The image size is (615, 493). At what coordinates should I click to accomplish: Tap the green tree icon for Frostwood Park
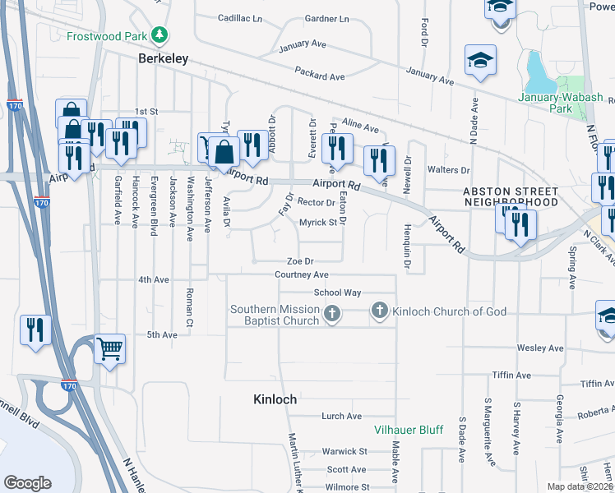pos(158,36)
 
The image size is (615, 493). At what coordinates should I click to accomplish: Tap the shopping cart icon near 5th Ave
pos(109,349)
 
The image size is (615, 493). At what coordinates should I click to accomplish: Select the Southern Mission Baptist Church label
pos(275,315)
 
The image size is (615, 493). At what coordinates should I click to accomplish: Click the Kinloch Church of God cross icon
pos(379,311)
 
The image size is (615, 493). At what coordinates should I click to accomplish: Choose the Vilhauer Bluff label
pos(408,430)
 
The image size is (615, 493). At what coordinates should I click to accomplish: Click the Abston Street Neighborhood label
pos(511,196)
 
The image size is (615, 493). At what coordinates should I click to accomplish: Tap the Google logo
pos(28,483)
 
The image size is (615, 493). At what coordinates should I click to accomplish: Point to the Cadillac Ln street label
pos(240,18)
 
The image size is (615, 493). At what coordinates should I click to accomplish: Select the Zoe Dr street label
pos(300,261)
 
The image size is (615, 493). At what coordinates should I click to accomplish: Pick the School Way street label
pos(337,293)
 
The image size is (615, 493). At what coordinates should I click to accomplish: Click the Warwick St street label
pos(344,451)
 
